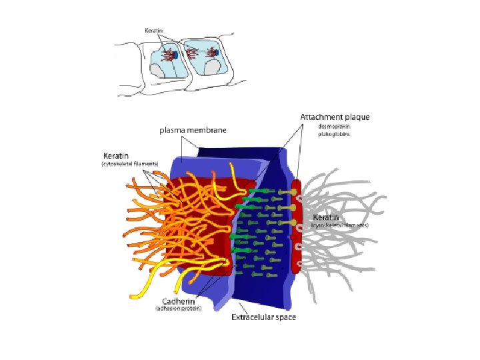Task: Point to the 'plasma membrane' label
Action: click(x=193, y=130)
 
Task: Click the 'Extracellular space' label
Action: click(x=263, y=317)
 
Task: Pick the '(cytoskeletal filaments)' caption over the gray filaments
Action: click(x=339, y=226)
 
